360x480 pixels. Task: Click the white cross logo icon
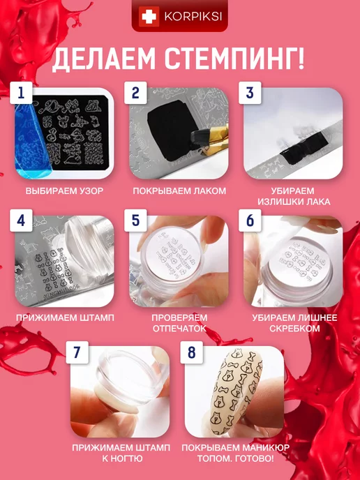149,17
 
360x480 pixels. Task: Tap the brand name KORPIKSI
193,17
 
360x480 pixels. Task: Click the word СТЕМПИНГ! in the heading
235,59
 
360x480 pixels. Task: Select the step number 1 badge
21,93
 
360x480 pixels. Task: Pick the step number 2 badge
135,93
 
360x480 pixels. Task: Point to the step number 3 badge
250,93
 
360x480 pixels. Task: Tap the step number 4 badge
21,220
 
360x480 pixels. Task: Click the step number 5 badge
135,220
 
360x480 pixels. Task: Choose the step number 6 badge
250,220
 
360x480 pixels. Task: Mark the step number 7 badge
77,352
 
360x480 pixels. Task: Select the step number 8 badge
192,352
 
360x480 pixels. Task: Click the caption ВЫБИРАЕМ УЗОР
65,191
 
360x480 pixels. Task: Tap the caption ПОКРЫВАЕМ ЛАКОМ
179,191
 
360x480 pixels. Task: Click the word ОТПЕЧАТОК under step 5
179,329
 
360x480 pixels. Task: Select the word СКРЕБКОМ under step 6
294,329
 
